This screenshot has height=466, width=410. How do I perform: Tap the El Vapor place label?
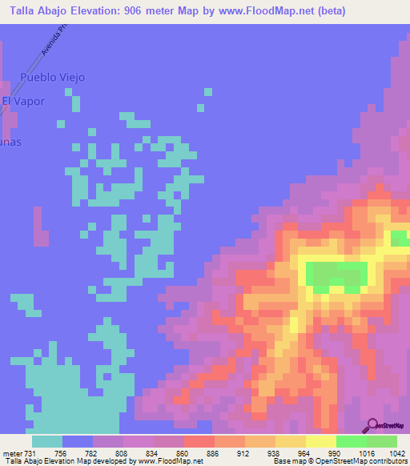pos(23,101)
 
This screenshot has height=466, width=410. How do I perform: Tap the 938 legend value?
pos(274,453)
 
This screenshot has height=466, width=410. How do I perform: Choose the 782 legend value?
pos(91,453)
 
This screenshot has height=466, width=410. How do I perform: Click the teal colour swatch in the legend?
pos(47,441)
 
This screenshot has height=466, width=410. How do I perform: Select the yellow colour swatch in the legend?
pos(320,441)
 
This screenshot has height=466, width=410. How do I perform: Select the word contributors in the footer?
pos(388,462)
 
